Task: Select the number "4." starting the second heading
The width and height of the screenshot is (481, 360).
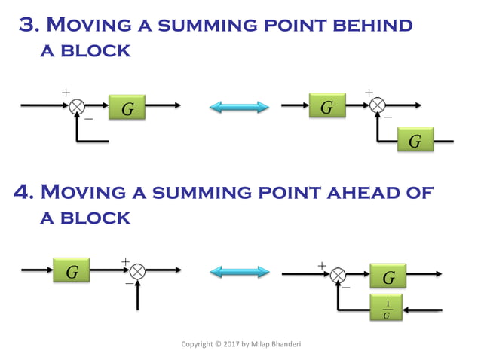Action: pyautogui.click(x=26, y=192)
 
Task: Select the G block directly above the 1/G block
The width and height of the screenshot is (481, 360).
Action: pyautogui.click(x=388, y=277)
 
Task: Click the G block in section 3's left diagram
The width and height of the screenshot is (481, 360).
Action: pyautogui.click(x=127, y=109)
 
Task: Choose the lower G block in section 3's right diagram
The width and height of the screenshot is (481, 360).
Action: pyautogui.click(x=415, y=141)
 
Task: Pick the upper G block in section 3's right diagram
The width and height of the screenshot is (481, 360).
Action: pyautogui.click(x=326, y=107)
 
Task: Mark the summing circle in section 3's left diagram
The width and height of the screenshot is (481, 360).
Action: pyautogui.click(x=77, y=107)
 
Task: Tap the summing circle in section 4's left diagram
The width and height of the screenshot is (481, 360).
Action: pyautogui.click(x=137, y=271)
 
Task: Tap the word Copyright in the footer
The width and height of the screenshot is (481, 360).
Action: pyautogui.click(x=199, y=344)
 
